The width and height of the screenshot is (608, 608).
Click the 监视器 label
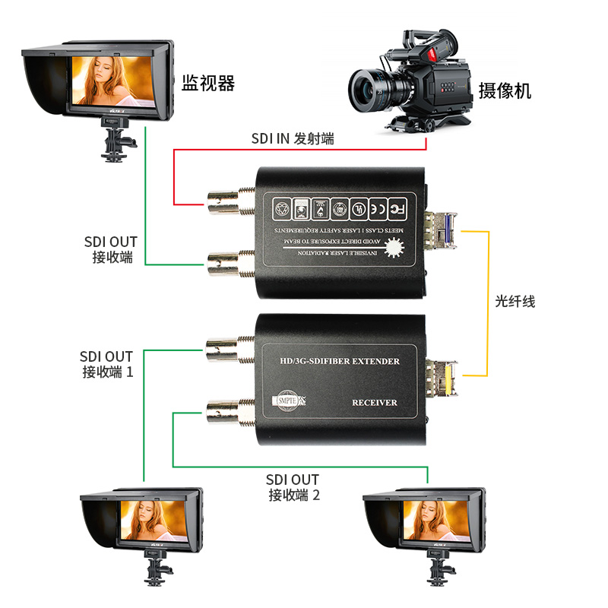[208, 84]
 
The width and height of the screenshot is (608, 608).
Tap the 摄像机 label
[505, 91]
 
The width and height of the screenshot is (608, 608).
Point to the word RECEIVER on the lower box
[375, 401]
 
